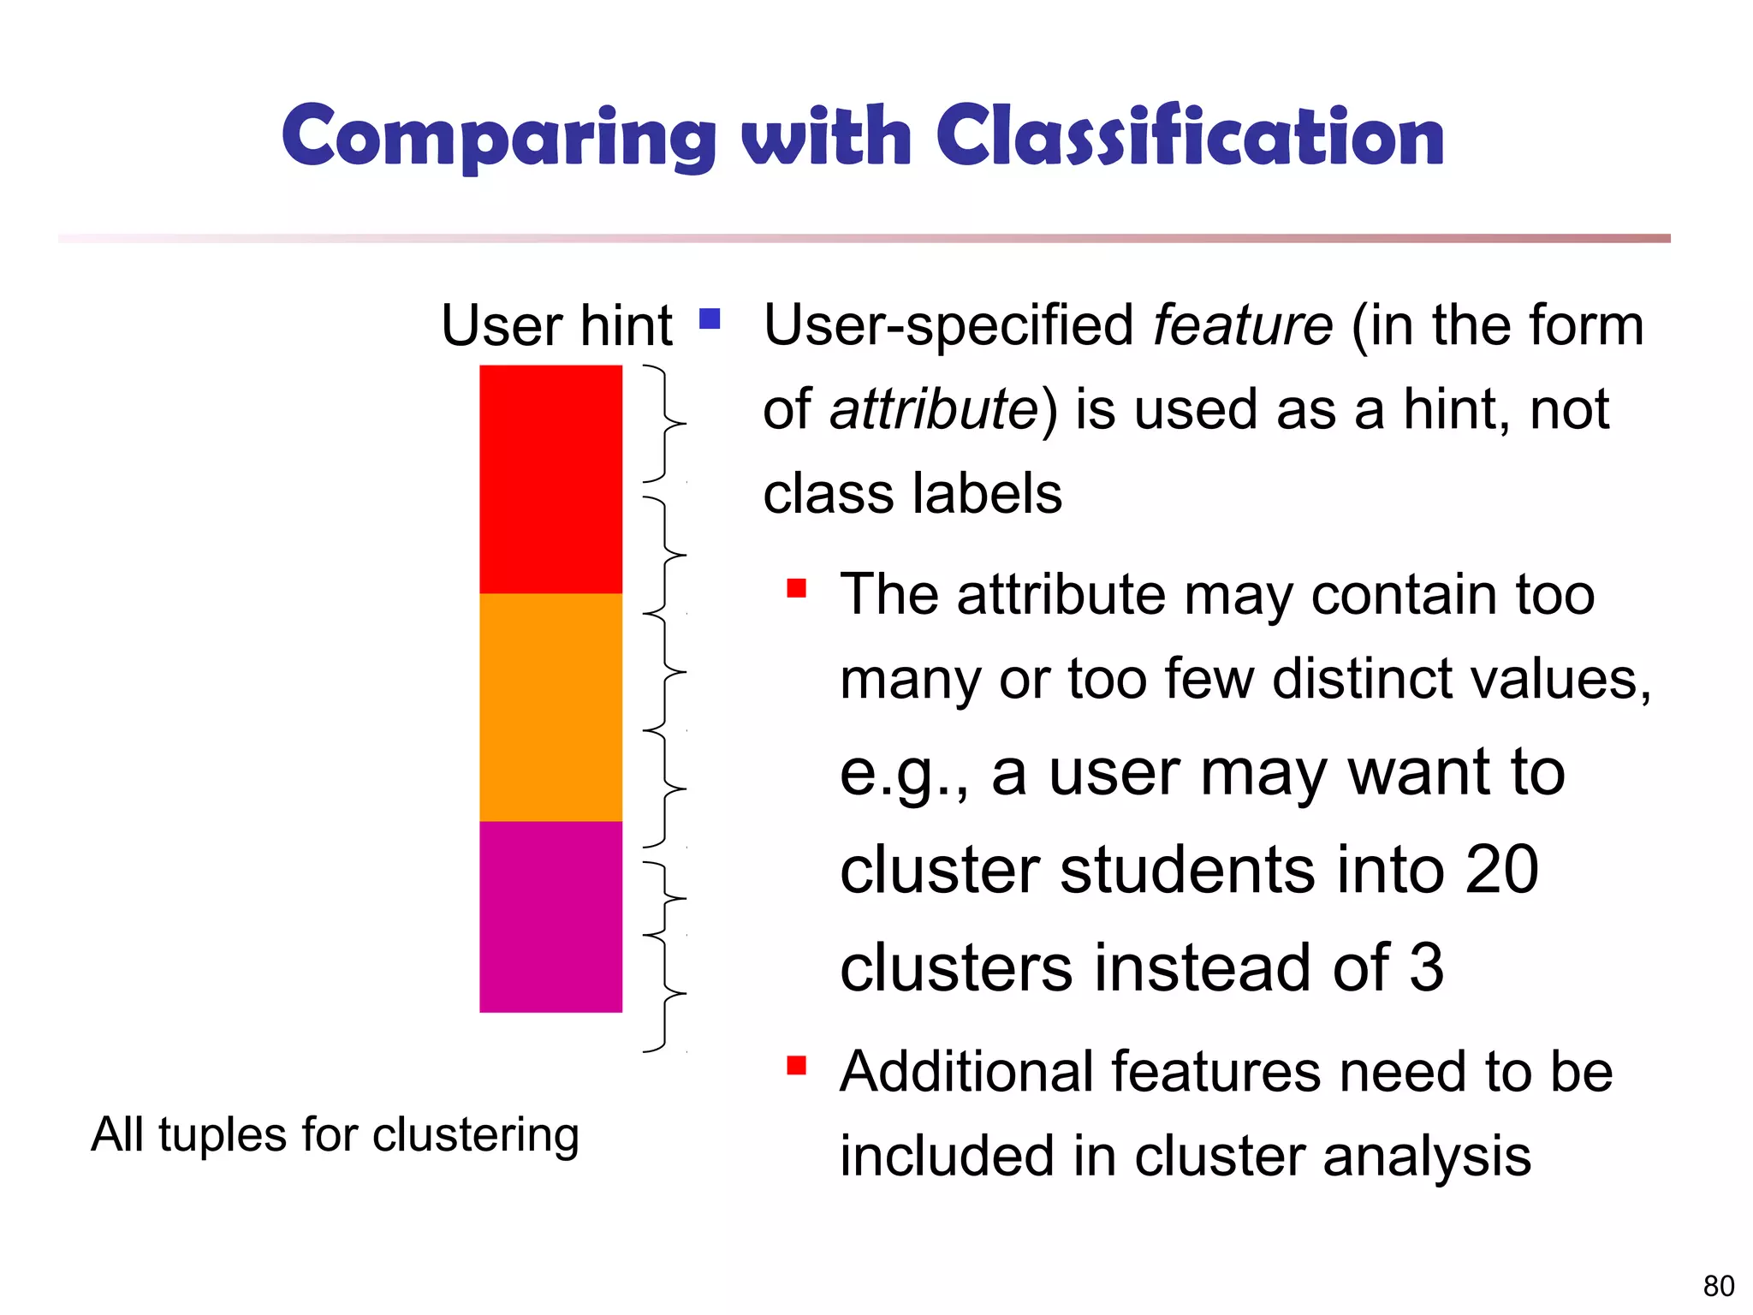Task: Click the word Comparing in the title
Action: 499,137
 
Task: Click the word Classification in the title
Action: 1191,137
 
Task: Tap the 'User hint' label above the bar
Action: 556,325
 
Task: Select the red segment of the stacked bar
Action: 550,479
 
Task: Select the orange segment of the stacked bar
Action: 550,707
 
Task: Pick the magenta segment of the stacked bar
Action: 550,916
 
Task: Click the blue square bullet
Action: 710,319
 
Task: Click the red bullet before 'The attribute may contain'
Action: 797,588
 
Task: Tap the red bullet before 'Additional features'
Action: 797,1065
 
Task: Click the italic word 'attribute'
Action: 934,409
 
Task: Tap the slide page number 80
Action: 1718,1286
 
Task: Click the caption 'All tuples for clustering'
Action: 336,1135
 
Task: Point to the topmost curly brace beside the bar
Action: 665,424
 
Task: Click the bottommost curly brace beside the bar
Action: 665,993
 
